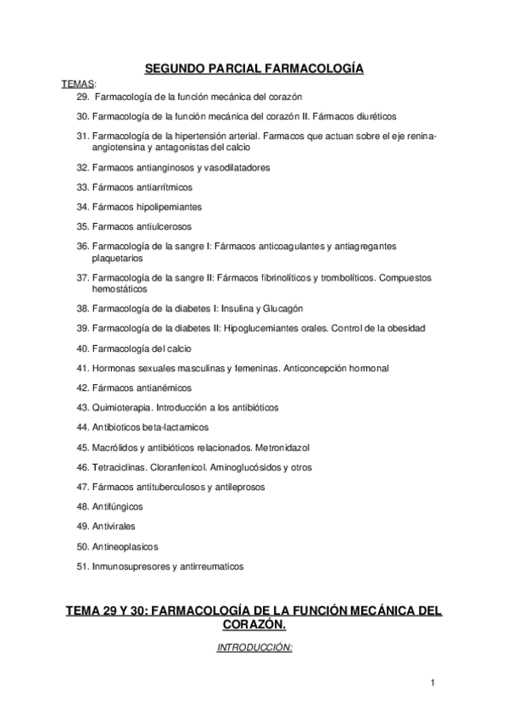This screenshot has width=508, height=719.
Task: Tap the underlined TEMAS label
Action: [79, 83]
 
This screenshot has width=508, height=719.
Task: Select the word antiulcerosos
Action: [159, 226]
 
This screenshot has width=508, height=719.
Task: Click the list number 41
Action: [82, 368]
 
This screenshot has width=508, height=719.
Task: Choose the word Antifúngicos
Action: [117, 506]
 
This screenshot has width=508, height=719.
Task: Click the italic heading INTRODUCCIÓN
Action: [254, 646]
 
